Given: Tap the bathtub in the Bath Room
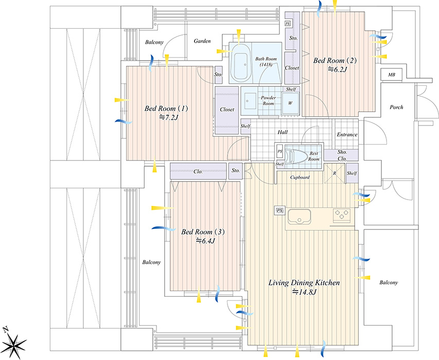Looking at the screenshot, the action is point(241,64).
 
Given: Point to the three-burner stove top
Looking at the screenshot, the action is point(342,215).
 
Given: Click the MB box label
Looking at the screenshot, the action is point(392,75).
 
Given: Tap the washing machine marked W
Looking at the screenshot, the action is point(290,103).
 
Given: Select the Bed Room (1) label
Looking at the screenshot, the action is point(166,109).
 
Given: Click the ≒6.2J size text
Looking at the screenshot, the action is point(337,69).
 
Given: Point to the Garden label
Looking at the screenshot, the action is point(202,41).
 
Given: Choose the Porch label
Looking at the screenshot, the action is point(396,107).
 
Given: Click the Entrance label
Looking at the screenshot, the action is point(347,135).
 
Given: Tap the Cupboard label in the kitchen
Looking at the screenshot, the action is point(300,177).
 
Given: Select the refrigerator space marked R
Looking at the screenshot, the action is point(335,173).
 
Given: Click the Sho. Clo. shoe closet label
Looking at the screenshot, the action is point(342,155).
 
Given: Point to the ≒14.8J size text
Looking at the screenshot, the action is point(304,292).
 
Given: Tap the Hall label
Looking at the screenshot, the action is point(283,132).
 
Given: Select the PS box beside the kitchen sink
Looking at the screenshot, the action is point(279,211).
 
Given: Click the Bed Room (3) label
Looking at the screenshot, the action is point(203,232).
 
